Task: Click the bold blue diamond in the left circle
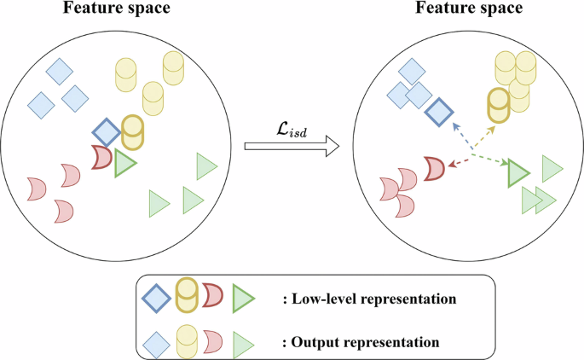pos(106,133)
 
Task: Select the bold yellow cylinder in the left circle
pos(133,132)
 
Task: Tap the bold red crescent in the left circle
pos(102,157)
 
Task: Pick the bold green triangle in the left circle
pos(125,162)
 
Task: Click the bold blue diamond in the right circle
pos(440,112)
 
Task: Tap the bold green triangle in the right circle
pos(518,173)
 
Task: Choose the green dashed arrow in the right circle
pos(491,160)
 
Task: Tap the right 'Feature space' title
pos(470,9)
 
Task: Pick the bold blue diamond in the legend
pos(156,298)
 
